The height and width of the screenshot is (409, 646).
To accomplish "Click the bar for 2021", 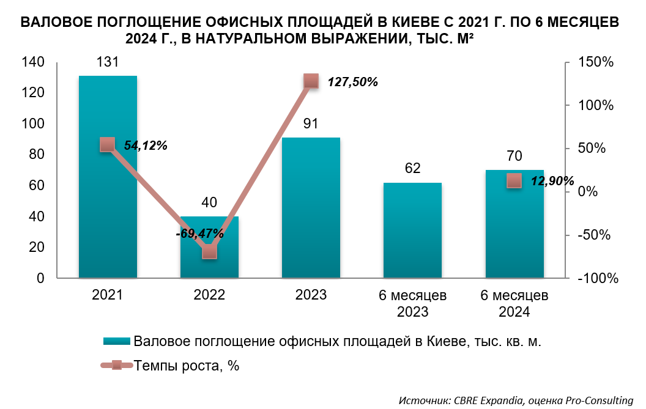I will pos(108,202).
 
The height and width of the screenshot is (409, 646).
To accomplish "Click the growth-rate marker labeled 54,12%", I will pos(108,144).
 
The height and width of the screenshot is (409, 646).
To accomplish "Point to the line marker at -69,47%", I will pos(209,252).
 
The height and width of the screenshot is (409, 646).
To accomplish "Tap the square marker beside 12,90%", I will pos(514,180).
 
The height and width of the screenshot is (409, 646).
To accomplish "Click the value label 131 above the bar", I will pos(108,63).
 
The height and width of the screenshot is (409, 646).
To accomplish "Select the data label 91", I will pos(311,125).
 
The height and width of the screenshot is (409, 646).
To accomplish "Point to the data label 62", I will pos(412,169).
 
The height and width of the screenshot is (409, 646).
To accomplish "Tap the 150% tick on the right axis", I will pos(596,62).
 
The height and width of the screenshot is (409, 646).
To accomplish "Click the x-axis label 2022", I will pos(209,295).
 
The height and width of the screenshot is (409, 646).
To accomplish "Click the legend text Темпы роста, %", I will pos(186,366).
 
